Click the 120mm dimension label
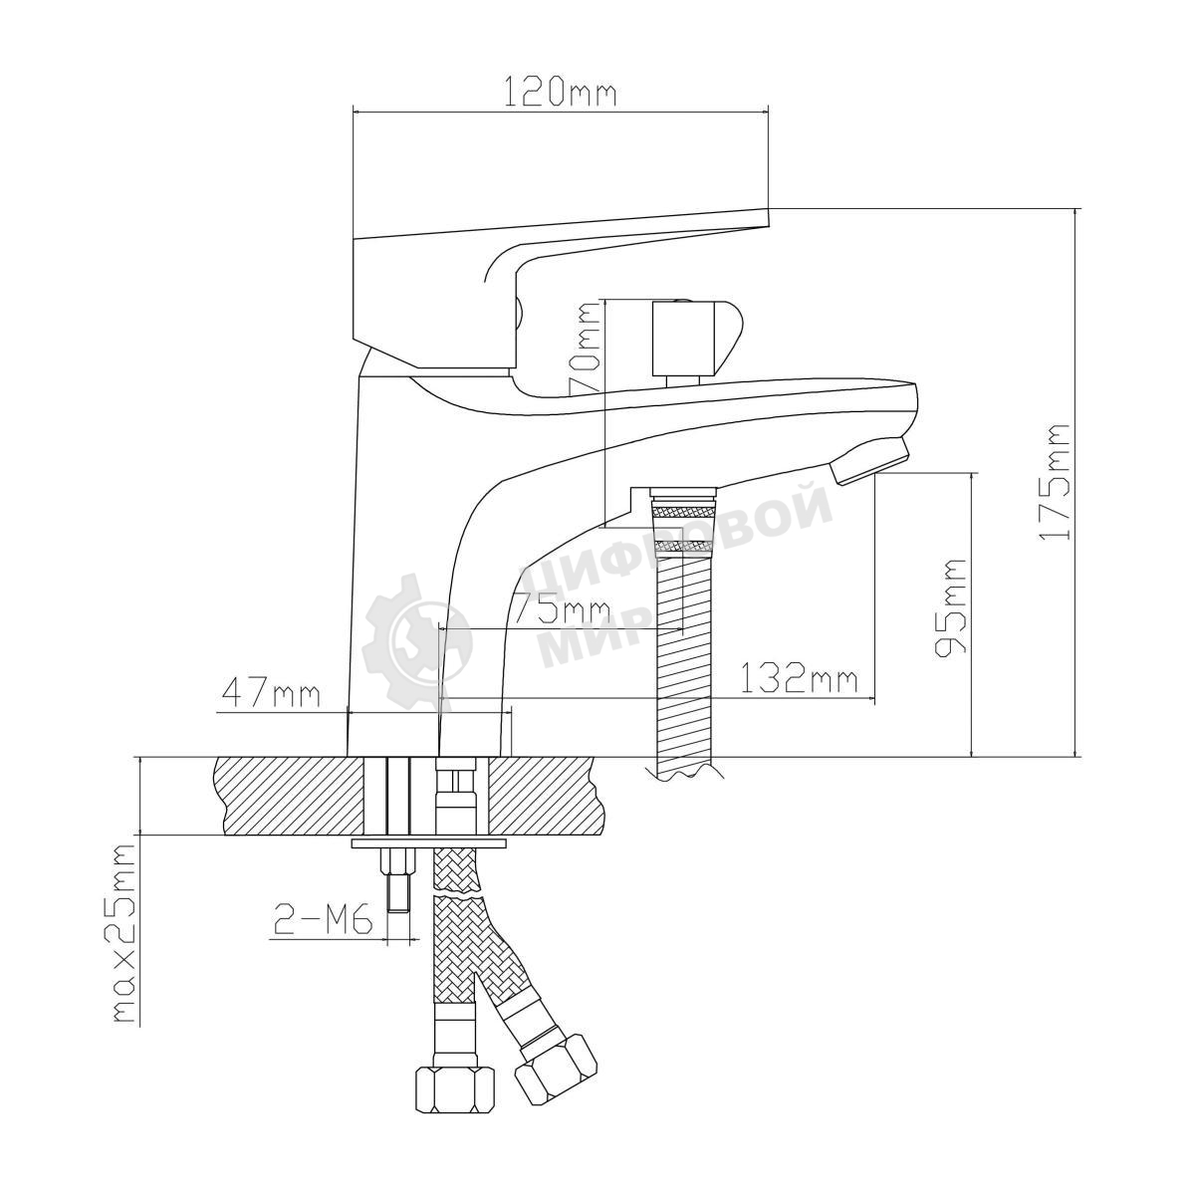tap(559, 92)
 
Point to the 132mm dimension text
tap(801, 679)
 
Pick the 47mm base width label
tap(271, 692)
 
